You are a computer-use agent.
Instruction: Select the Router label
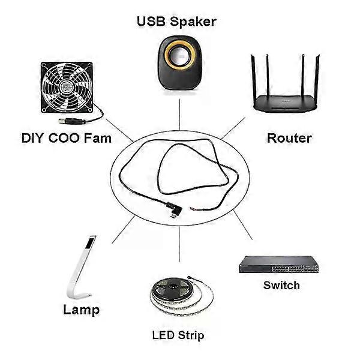point(289,139)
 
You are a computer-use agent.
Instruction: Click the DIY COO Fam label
point(67,139)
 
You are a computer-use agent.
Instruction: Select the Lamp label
point(81,310)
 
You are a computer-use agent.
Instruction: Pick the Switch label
point(281,285)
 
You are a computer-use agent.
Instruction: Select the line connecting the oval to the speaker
point(179,114)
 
